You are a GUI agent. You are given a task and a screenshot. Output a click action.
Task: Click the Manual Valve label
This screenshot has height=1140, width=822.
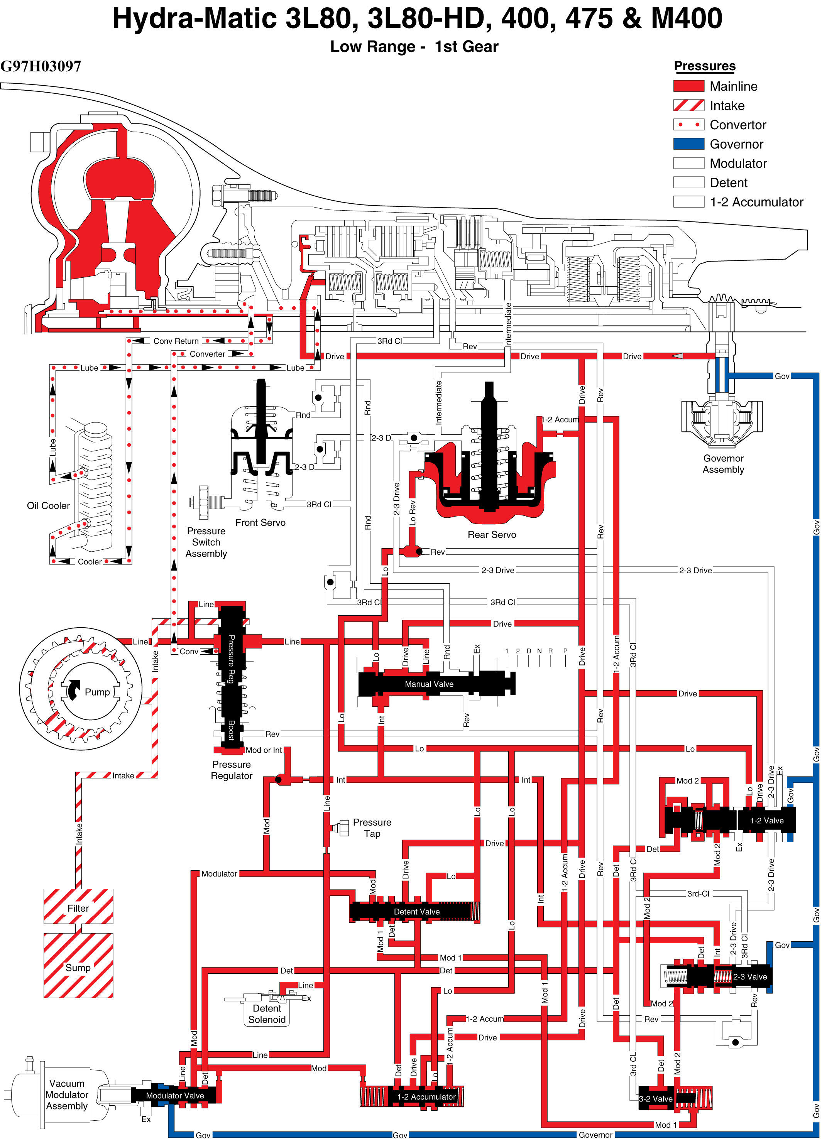(x=429, y=684)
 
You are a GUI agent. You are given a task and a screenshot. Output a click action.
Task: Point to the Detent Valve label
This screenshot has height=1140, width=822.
(x=416, y=911)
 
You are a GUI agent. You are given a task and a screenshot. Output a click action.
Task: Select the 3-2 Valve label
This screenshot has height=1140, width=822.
(x=656, y=1098)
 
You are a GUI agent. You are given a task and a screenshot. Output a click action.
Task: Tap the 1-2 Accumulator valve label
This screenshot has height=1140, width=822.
(x=426, y=1096)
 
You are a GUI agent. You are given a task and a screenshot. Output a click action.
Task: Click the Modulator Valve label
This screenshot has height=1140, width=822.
(x=175, y=1095)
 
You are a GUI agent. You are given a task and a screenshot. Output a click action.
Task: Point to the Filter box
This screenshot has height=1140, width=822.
(x=78, y=906)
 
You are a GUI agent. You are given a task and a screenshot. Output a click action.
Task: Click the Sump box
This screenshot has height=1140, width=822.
(x=78, y=965)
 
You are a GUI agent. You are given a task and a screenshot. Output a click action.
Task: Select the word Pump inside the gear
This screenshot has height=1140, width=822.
(x=97, y=692)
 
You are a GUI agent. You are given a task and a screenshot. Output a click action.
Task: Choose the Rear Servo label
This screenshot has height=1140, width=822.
(x=492, y=534)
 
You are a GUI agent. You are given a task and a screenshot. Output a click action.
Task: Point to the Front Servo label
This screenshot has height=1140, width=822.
(x=260, y=522)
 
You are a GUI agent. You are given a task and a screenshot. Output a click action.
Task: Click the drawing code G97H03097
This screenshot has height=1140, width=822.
(x=41, y=66)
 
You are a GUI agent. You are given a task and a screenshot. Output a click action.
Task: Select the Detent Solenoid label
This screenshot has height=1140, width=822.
(x=267, y=1014)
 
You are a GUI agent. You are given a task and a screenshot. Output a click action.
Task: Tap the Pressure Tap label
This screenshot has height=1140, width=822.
(x=372, y=828)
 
